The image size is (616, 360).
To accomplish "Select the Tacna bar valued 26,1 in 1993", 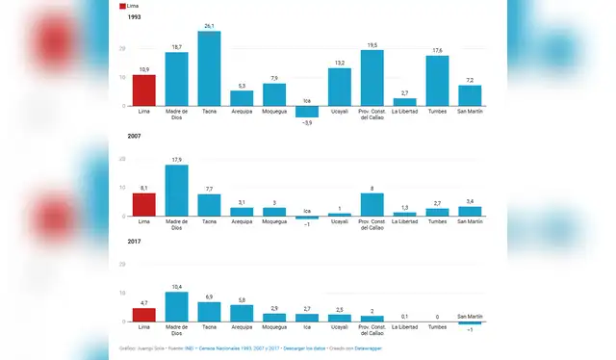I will (x=209, y=68).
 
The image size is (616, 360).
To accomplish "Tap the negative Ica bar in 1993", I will (x=307, y=111).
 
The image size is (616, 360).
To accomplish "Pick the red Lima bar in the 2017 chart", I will (x=143, y=315).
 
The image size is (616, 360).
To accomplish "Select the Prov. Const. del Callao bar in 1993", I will (x=372, y=78).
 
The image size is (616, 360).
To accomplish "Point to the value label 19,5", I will (x=372, y=44).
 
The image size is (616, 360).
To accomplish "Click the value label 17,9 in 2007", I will (x=176, y=160).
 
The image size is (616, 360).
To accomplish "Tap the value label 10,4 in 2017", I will (x=176, y=287).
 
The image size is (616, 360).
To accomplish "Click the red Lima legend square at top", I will (x=122, y=6).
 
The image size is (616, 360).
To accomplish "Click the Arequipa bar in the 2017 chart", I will (x=242, y=313).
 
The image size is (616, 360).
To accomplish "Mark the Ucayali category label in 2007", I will (x=339, y=220).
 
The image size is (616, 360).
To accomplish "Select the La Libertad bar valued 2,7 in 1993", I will (x=404, y=101).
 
